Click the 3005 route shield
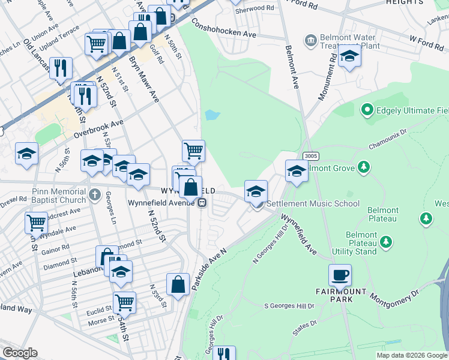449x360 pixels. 310,156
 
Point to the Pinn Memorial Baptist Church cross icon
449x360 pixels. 94,194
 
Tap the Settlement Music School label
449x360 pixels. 313,204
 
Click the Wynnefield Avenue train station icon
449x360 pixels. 202,202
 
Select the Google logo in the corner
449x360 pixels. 20,353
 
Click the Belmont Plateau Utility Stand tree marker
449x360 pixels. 387,242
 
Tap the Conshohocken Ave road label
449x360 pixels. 223,28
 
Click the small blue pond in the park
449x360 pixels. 212,115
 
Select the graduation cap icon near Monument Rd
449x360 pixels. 349,57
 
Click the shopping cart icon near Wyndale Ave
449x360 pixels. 36,223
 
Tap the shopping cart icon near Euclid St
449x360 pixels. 124,302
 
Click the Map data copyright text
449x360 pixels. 411,355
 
